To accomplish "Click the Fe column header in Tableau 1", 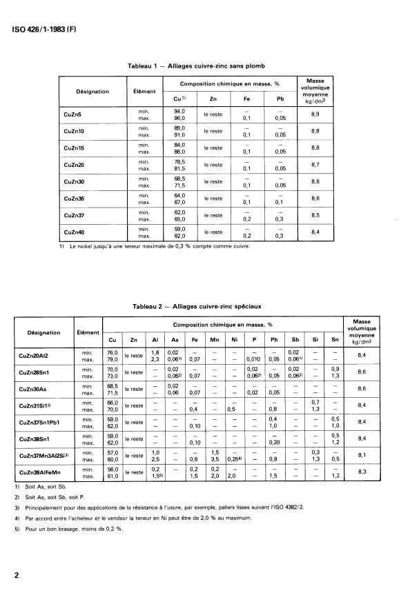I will (246, 99).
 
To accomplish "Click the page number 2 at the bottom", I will (15, 574).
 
